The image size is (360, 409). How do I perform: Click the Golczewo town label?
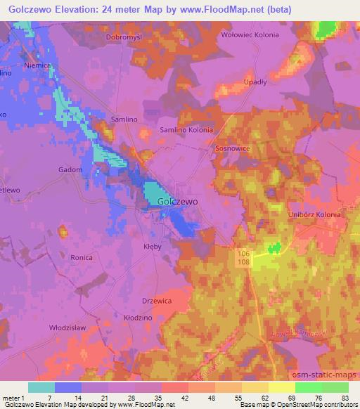point(177,201)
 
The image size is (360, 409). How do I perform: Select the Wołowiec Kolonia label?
point(250,34)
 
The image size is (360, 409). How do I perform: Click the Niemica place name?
point(37,65)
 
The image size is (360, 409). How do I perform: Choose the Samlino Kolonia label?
point(186,130)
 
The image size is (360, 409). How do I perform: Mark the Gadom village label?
point(70,170)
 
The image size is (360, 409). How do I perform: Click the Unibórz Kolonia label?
point(314,214)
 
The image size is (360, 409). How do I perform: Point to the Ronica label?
point(81,258)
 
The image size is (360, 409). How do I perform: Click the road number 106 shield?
point(243,252)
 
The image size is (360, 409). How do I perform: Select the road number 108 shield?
point(243,262)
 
